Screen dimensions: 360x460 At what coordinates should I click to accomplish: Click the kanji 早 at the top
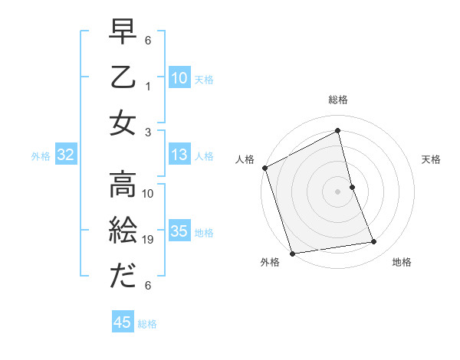[123, 33]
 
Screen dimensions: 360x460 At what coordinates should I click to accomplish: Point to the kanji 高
[123, 185]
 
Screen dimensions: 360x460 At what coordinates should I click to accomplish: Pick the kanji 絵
[123, 231]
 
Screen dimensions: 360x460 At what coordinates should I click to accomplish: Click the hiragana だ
[123, 276]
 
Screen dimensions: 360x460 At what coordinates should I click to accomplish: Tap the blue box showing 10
[179, 78]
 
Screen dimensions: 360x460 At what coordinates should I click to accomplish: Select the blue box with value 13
[179, 155]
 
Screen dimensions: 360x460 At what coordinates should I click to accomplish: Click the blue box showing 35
[179, 231]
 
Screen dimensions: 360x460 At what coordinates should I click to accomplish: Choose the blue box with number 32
[66, 155]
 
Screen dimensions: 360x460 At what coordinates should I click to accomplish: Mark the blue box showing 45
[123, 322]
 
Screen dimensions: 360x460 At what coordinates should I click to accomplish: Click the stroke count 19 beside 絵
[149, 240]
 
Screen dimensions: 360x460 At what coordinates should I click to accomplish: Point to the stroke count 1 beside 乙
[149, 87]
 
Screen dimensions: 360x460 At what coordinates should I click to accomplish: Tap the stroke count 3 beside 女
[149, 132]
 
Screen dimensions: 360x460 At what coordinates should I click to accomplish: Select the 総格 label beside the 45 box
[147, 324]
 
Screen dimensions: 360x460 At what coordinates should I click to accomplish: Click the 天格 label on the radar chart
[432, 159]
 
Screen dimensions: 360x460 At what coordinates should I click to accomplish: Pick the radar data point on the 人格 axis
[264, 168]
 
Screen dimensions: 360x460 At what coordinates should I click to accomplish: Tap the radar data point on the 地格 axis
[374, 242]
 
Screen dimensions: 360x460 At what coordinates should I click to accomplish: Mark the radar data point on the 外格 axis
[292, 253]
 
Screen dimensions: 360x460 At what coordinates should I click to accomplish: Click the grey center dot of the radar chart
[337, 191]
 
